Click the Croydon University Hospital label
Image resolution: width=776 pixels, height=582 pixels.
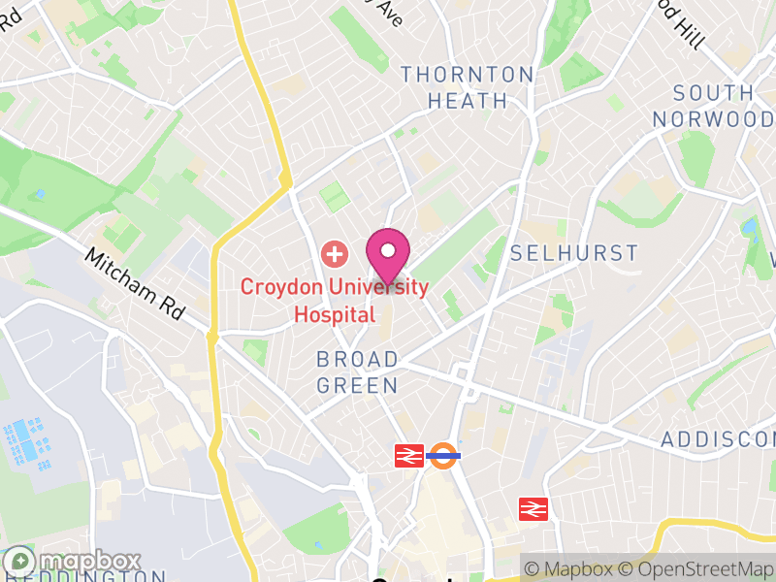335,301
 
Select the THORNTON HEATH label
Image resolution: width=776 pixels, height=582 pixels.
468,87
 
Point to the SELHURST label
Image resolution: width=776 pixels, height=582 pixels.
574,254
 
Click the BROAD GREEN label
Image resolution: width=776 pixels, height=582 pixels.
357,372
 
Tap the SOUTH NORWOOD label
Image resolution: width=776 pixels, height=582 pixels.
714,106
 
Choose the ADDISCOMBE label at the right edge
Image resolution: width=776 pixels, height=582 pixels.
718,440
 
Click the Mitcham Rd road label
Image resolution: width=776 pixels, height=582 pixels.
134,284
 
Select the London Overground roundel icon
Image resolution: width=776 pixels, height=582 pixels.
443,456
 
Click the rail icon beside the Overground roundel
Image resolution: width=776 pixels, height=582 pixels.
408,456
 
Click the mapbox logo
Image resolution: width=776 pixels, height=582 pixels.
73,562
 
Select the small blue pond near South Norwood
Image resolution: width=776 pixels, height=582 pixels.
749,229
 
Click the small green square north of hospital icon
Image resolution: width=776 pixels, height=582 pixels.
334,196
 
